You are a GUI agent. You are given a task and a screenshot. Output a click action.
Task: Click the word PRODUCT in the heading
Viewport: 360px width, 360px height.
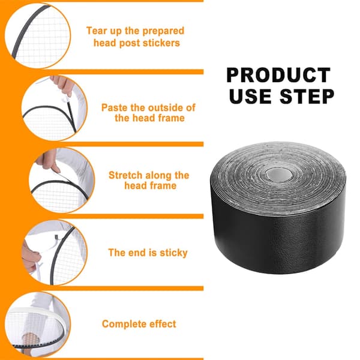278,75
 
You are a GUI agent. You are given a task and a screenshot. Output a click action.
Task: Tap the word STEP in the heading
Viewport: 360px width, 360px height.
307,96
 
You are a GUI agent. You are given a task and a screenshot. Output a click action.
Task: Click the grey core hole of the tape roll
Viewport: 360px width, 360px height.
278,175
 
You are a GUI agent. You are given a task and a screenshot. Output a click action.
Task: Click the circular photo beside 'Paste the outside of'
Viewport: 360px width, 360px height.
55,109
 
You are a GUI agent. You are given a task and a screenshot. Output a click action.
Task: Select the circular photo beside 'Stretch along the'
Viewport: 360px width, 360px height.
62,181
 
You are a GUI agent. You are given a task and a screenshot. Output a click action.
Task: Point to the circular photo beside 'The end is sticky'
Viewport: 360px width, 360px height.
55,253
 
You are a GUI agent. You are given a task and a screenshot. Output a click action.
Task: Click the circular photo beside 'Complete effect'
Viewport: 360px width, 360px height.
38,325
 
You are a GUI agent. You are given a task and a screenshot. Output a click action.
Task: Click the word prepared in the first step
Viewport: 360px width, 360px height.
163,31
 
